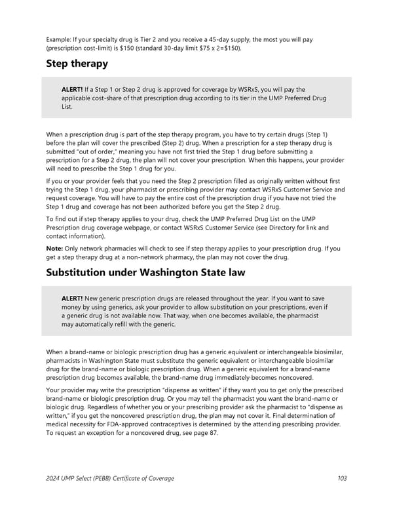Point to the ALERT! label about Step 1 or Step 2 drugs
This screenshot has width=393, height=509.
click(x=72, y=89)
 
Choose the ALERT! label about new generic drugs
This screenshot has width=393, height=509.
click(x=72, y=298)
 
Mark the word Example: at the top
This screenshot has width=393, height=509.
click(x=61, y=39)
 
